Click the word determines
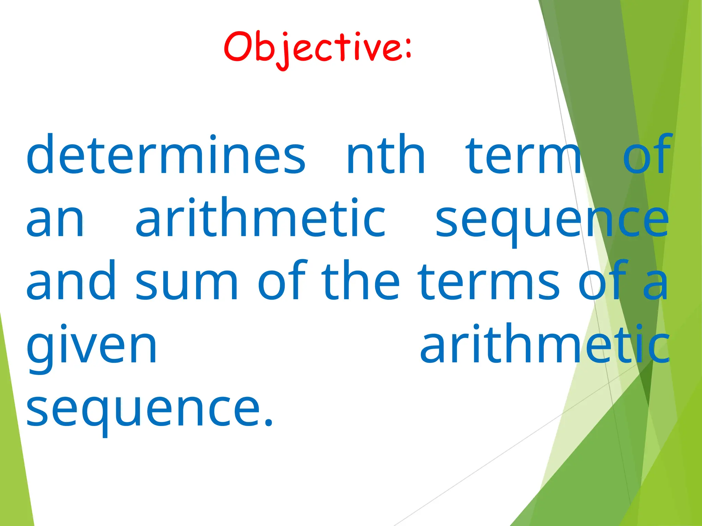pos(166,155)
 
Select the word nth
pos(386,155)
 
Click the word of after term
pos(646,155)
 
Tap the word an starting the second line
pos(55,218)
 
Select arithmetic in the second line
pos(261,218)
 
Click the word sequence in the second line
pos(552,221)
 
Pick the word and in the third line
pos(71,281)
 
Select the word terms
pos(488,283)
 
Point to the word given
pos(92,346)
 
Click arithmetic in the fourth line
pos(545,344)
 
